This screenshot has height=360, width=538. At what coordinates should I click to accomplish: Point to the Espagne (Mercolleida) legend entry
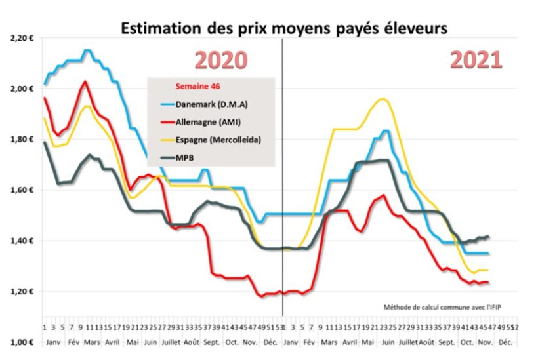[x=215, y=140]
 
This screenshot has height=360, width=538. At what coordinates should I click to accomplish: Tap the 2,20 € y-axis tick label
[x=22, y=38]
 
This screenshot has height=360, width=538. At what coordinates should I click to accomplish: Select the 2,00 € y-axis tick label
[x=22, y=89]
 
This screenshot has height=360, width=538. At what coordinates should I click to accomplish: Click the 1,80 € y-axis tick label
[x=22, y=139]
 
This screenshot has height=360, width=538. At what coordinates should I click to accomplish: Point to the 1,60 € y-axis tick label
[x=22, y=190]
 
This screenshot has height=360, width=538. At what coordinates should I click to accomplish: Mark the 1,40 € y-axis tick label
[x=22, y=241]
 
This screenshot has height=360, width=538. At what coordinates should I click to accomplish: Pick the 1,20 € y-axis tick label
[x=22, y=291]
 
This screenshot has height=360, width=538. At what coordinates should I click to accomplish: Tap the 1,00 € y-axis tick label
[x=22, y=342]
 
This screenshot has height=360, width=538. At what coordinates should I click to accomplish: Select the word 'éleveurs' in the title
[x=415, y=28]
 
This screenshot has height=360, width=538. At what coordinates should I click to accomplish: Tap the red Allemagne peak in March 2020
[x=85, y=81]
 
